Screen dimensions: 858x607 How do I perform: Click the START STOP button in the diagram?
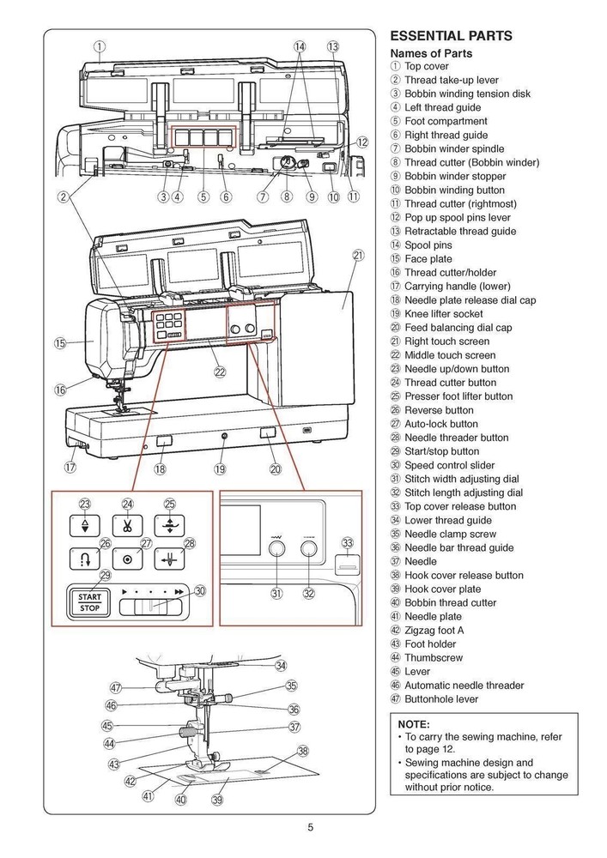point(90,603)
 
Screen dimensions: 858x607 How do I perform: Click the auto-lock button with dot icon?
point(128,559)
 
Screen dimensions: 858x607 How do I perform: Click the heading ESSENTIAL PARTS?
point(451,36)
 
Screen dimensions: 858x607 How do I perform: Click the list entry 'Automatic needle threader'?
point(464,685)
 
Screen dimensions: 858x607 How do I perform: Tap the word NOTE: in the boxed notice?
point(414,724)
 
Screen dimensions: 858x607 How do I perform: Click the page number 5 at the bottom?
point(311,828)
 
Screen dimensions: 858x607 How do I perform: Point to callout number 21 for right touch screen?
point(358,255)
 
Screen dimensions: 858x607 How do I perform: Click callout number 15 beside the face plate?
point(60,343)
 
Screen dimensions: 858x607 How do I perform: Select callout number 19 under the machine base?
point(220,468)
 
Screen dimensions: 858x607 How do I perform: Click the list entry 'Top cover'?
point(427,66)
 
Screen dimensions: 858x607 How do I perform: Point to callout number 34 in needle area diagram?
point(281,665)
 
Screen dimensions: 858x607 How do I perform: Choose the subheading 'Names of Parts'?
point(431,53)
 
